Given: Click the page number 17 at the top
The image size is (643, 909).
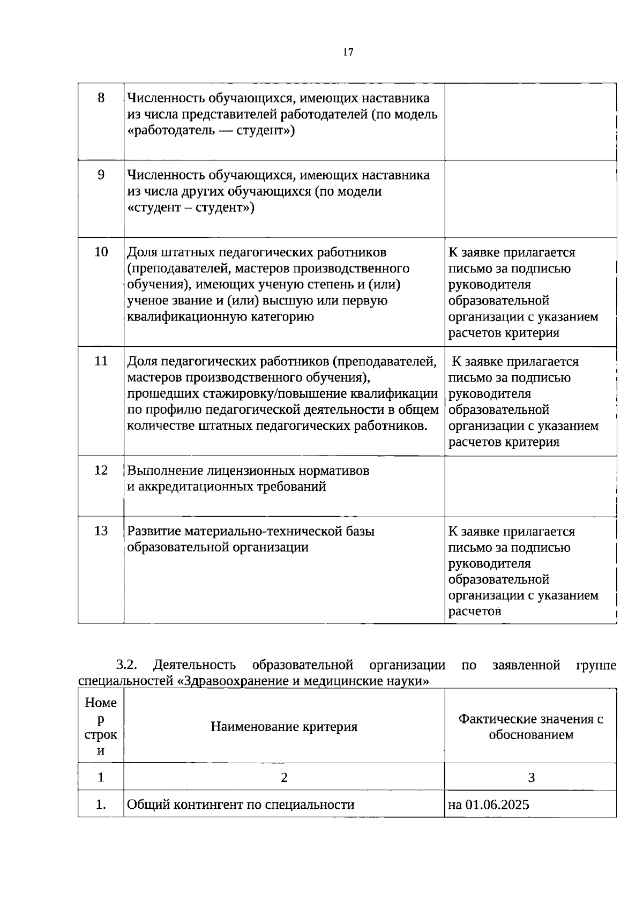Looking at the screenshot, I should pos(348,52).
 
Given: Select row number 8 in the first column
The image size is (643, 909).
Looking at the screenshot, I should pos(101,98).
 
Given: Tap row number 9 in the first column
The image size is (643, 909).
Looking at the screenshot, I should pos(101,175).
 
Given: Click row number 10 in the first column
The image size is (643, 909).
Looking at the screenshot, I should pos(101,252).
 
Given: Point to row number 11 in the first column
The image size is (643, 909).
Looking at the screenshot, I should pos(101,361).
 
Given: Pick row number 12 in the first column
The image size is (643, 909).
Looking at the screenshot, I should pos(101,470).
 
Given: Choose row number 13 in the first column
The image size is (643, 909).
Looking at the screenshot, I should pos(101,531).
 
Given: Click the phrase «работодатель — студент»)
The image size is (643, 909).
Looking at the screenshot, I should pos(211,131).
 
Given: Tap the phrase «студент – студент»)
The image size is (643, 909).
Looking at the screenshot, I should pos(191,208).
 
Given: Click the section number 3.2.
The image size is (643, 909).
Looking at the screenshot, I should pos(127,665).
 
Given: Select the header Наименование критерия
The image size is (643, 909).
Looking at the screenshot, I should pos(284,727).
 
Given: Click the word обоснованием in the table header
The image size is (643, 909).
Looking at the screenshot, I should pos(530,735).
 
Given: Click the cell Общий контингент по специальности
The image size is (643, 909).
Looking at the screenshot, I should pos(241,804).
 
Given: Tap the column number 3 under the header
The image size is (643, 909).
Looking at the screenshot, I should pos(531,777).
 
